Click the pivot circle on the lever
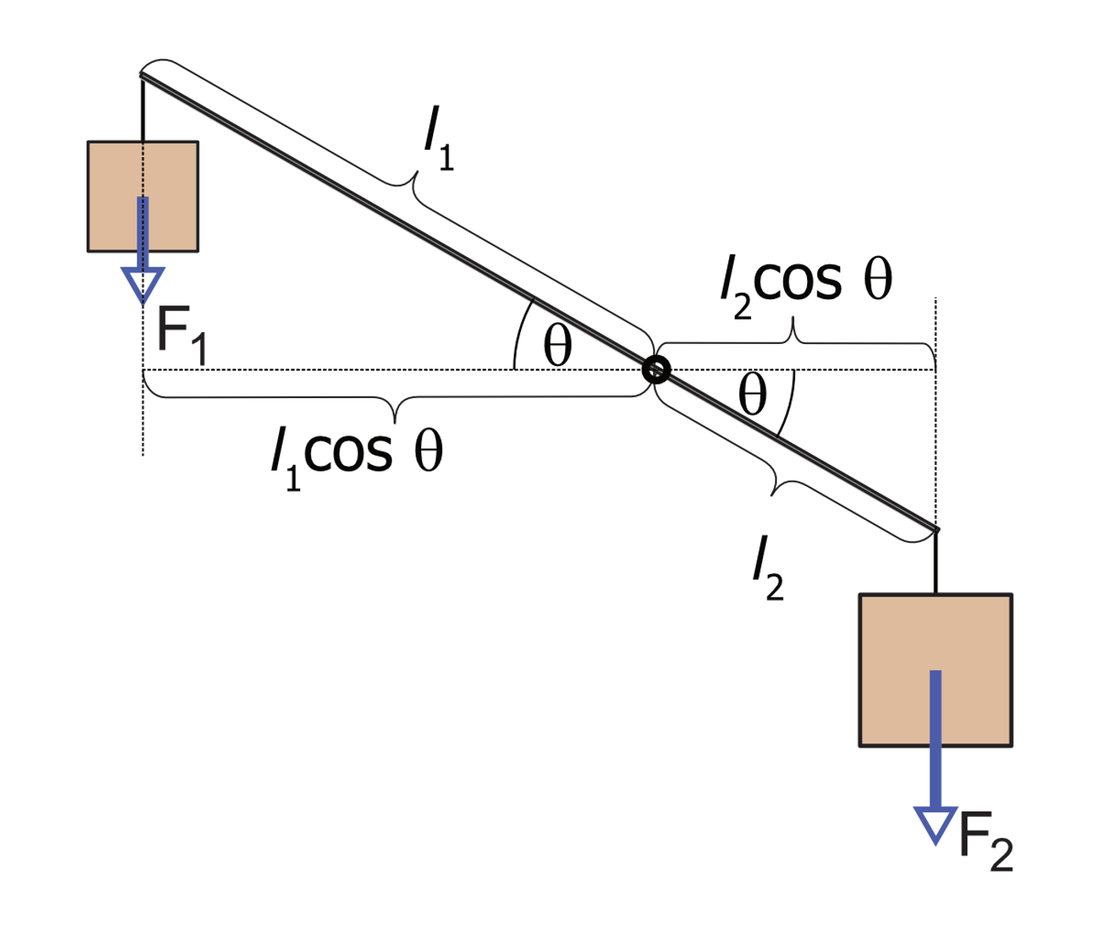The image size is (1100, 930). coord(655,369)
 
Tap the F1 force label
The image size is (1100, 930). coord(181,335)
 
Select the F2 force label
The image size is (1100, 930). coord(985,841)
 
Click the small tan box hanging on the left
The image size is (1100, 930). coord(143,196)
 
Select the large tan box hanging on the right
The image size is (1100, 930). coord(936,670)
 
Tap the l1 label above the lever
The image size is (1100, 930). coord(438,138)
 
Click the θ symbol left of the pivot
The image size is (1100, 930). coord(557,347)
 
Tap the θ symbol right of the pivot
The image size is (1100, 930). coord(753,394)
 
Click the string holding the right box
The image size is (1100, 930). coord(936,562)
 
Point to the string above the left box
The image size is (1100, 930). coord(143,109)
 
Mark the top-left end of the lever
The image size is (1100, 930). coord(141,75)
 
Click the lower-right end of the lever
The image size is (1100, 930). coord(937,530)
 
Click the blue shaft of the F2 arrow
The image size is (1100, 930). coord(936,738)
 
